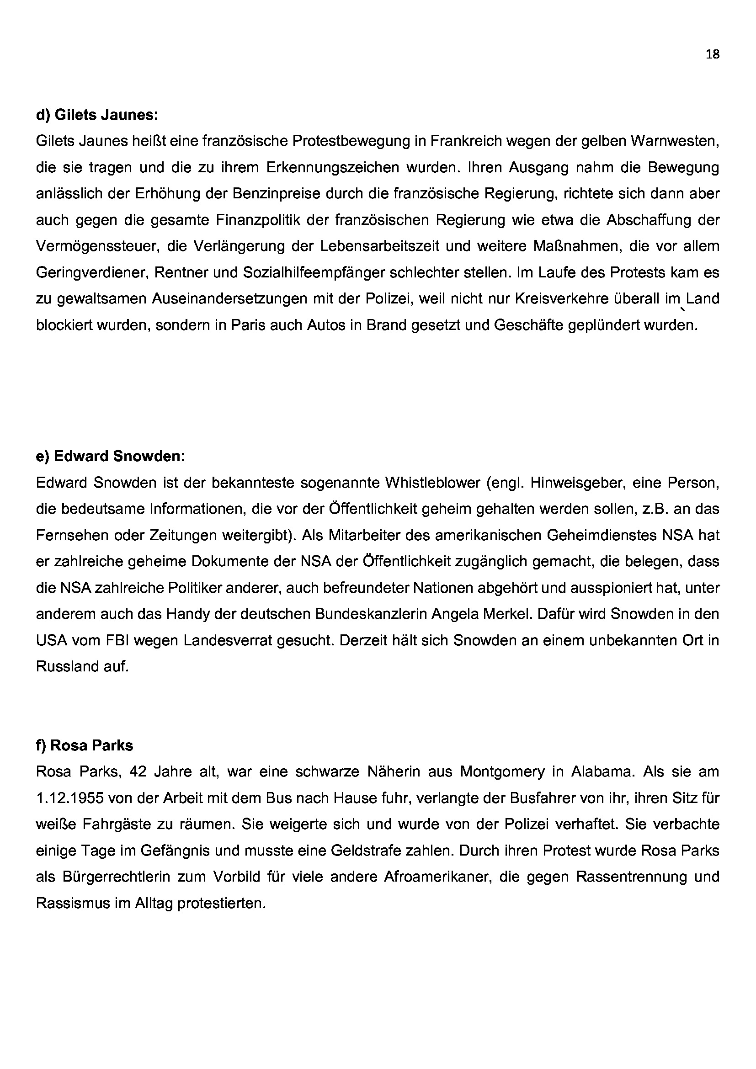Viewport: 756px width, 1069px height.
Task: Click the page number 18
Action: pyautogui.click(x=712, y=54)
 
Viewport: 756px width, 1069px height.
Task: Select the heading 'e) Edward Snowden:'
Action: pyautogui.click(x=110, y=456)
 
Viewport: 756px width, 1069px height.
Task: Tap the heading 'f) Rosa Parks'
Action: pyautogui.click(x=84, y=745)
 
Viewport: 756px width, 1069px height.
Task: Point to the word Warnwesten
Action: pyautogui.click(x=675, y=141)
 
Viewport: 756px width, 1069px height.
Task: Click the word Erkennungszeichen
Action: pyautogui.click(x=332, y=167)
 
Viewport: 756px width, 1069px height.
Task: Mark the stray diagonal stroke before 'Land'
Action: pyautogui.click(x=682, y=308)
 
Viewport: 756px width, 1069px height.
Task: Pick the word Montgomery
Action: pyautogui.click(x=502, y=772)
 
